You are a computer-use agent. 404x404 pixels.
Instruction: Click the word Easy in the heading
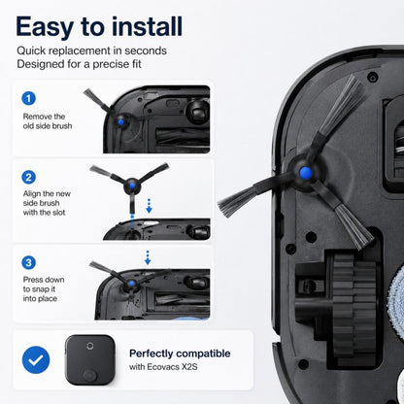[x=45, y=27]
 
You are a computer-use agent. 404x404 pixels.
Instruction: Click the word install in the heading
[x=148, y=26]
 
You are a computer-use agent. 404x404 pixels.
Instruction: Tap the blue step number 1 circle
[x=28, y=98]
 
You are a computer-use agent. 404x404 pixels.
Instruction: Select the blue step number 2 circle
[x=28, y=177]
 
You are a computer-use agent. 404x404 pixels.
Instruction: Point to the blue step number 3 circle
[x=28, y=262]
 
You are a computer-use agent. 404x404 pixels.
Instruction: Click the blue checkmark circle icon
[x=36, y=359]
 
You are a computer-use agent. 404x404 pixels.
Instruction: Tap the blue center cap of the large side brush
[x=305, y=173]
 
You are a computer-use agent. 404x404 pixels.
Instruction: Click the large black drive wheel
[x=353, y=307]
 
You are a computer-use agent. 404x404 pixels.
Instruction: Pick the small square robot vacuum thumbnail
[x=90, y=359]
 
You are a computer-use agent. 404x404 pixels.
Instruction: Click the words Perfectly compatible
[x=180, y=353]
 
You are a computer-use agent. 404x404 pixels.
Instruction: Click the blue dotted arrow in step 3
[x=148, y=257]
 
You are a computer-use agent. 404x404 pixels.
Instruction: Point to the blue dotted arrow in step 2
[x=149, y=206]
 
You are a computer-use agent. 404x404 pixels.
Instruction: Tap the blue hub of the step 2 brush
[x=132, y=185]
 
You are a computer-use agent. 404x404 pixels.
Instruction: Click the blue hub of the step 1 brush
[x=120, y=122]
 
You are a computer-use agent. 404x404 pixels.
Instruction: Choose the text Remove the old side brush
[x=48, y=121]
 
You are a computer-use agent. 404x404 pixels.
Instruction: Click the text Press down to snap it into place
[x=44, y=289]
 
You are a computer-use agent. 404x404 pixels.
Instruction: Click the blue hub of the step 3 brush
[x=131, y=284]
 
